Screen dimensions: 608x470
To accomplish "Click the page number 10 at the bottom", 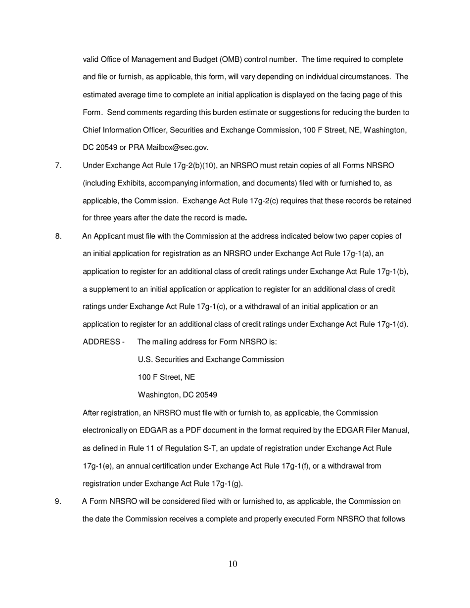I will tap(234, 564).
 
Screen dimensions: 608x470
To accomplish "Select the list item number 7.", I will tap(58, 166).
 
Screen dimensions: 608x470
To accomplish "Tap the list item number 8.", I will tap(58, 236).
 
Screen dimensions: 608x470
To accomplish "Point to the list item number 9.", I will tap(58, 501).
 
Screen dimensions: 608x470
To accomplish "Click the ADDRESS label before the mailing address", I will tap(103, 342).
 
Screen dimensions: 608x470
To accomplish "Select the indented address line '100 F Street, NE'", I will tap(166, 377).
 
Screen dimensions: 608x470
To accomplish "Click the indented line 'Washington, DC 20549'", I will tap(177, 395).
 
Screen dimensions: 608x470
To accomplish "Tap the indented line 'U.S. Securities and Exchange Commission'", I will tap(211, 359).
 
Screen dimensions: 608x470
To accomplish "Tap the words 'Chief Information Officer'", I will tap(124, 130).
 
